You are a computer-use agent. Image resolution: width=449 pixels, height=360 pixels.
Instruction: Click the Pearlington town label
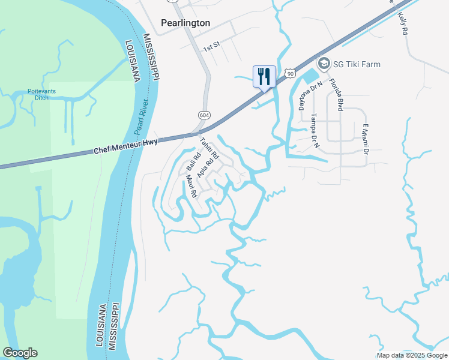click(185, 23)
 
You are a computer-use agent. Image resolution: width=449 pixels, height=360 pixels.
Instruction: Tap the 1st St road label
click(211, 47)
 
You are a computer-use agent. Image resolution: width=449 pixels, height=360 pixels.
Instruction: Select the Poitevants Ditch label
click(41, 94)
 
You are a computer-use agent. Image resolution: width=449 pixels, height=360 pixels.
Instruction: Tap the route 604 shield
click(204, 115)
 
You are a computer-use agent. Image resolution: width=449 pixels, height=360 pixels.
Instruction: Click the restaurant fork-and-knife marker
click(264, 76)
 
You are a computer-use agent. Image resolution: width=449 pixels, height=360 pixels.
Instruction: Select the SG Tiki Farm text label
click(358, 64)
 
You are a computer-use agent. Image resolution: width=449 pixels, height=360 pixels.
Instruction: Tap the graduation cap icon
click(324, 64)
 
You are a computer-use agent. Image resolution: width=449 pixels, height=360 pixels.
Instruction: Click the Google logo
click(20, 353)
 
